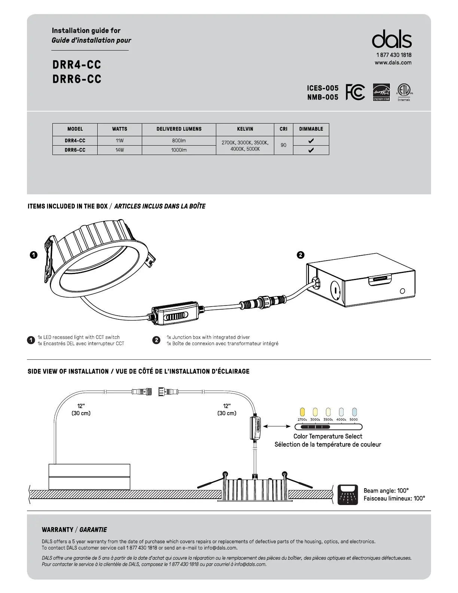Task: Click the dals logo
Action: coord(392,39)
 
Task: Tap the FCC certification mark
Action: coord(355,92)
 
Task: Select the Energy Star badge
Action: coord(381,92)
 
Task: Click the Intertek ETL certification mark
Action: coord(404,92)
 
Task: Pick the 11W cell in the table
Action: coord(119,141)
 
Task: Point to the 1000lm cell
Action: coord(179,150)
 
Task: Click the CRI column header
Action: coord(284,129)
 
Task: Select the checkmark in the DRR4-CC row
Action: coord(311,141)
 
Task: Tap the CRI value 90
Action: coord(284,145)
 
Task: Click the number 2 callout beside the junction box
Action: coord(300,255)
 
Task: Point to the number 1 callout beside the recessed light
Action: coord(33,255)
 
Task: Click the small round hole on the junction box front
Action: coord(403,291)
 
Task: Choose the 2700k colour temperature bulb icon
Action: coord(302,412)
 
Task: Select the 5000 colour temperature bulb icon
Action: coord(354,412)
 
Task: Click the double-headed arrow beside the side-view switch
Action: coord(277,426)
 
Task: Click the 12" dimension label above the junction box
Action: coord(81,406)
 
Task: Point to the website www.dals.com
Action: coord(393,63)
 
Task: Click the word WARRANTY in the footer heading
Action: coord(58,530)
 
